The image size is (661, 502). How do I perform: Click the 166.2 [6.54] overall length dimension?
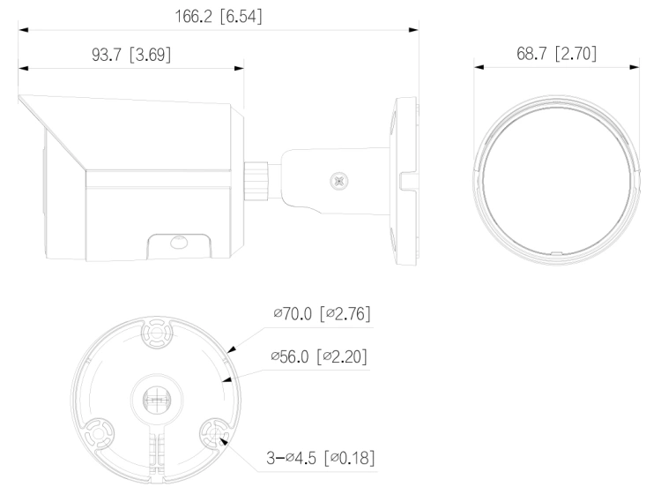click(x=219, y=17)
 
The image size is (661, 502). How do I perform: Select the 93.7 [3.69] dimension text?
click(x=131, y=55)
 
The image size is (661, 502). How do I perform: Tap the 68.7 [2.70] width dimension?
click(x=556, y=54)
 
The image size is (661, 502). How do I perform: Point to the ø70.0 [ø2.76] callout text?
click(x=322, y=313)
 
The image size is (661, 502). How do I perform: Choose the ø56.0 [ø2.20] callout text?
click(x=319, y=356)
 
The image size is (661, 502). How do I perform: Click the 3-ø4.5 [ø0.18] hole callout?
click(x=321, y=458)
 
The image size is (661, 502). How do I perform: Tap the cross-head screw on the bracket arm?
click(x=338, y=182)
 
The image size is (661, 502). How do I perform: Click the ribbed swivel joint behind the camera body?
click(x=256, y=182)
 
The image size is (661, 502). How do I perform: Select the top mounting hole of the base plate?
click(x=156, y=333)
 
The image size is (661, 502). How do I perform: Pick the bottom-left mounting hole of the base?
click(x=98, y=433)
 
